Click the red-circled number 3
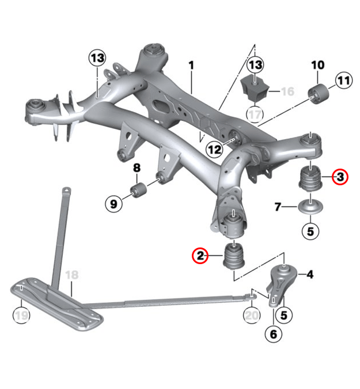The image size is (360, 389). click(x=340, y=177)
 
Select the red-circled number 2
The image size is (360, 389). click(x=200, y=255)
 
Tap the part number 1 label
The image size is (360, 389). click(x=191, y=66)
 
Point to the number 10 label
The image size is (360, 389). click(x=317, y=64)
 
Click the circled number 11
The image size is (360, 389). click(x=343, y=81)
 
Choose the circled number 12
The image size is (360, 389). click(x=214, y=150)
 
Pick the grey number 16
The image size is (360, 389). click(x=287, y=91)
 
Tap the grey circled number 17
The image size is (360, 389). click(x=255, y=113)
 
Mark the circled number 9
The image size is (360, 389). click(x=113, y=203)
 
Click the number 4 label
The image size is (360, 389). click(x=310, y=275)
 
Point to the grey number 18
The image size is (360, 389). click(x=71, y=275)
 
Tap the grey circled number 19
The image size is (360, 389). click(x=21, y=315)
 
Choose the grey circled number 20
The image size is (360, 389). click(x=251, y=315)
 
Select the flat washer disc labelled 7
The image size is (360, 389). click(x=309, y=207)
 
